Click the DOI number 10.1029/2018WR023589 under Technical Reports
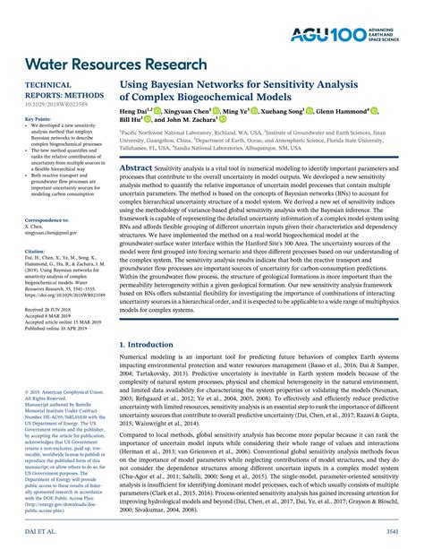54,103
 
